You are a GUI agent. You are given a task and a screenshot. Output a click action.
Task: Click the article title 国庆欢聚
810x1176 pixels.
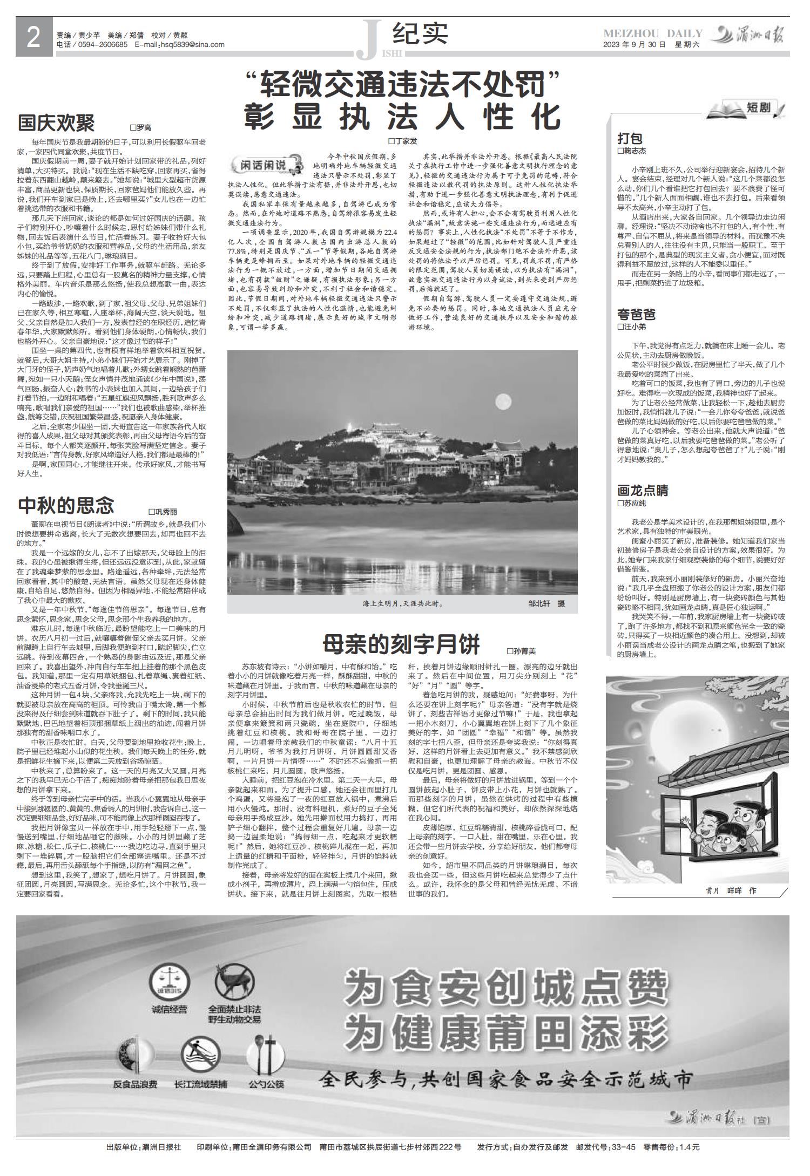(x=56, y=123)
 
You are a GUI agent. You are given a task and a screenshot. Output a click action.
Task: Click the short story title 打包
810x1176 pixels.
(x=630, y=138)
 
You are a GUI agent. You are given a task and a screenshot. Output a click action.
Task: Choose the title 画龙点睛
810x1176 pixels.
(x=643, y=491)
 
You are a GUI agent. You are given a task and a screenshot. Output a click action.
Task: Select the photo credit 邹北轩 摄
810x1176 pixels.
(x=546, y=603)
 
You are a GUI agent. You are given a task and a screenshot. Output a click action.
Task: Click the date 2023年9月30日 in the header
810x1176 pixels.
(x=634, y=45)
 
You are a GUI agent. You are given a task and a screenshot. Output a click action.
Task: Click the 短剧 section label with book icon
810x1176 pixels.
(x=746, y=108)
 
